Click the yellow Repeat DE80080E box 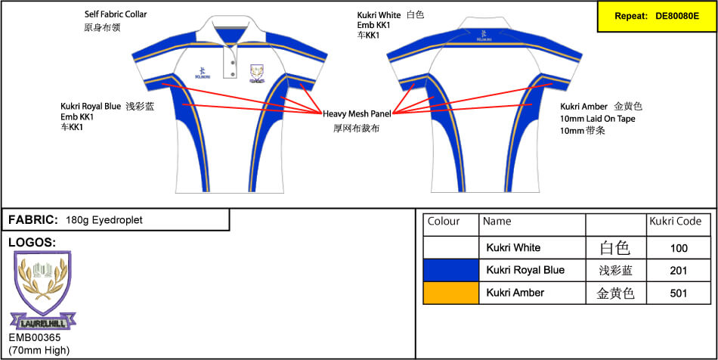click(x=656, y=15)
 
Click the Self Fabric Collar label click(x=116, y=14)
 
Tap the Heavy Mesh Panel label click(x=357, y=113)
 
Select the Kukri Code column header click(x=675, y=222)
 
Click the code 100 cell click(x=679, y=247)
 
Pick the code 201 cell click(x=679, y=270)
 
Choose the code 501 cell click(x=679, y=293)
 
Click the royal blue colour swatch click(x=450, y=270)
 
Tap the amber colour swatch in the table click(x=450, y=293)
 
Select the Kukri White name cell click(x=513, y=247)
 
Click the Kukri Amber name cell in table click(x=515, y=293)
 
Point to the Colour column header click(x=444, y=222)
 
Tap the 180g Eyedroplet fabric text click(x=104, y=220)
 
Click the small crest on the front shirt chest click(x=258, y=74)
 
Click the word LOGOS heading click(x=31, y=242)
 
